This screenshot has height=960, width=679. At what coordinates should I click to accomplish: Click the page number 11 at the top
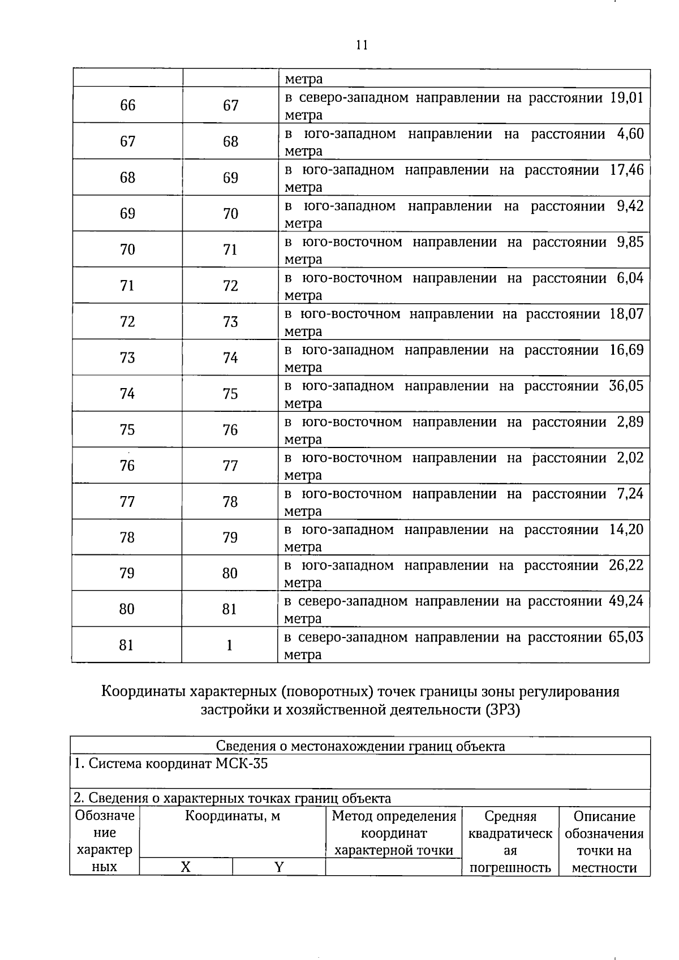coord(362,45)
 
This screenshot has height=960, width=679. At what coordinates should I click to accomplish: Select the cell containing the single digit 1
coord(229,645)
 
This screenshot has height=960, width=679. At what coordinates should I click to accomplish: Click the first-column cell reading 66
coord(128,105)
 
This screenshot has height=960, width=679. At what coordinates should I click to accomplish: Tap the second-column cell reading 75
coord(230,394)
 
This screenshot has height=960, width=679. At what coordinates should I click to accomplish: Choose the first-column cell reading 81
coord(127,645)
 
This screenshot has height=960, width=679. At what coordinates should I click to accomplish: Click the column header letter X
coord(186,867)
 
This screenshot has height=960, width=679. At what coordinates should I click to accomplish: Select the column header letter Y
coord(278,867)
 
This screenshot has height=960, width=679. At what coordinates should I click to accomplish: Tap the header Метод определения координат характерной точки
coord(394,833)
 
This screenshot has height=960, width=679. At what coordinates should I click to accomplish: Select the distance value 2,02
coord(630,458)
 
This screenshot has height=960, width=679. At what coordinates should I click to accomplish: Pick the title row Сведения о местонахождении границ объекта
coord(360,746)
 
